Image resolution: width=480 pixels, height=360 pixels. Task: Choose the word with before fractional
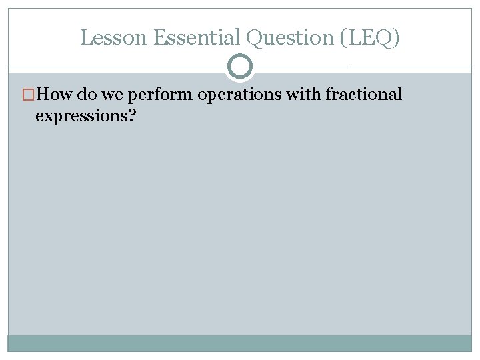[303, 95]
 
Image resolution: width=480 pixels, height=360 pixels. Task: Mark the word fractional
[363, 95]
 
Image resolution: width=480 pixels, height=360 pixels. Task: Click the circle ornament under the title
[240, 67]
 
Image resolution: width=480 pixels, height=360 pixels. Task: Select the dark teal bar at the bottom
[240, 343]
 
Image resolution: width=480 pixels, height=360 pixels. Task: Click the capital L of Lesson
[85, 38]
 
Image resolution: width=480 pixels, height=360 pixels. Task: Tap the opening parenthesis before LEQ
[343, 39]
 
